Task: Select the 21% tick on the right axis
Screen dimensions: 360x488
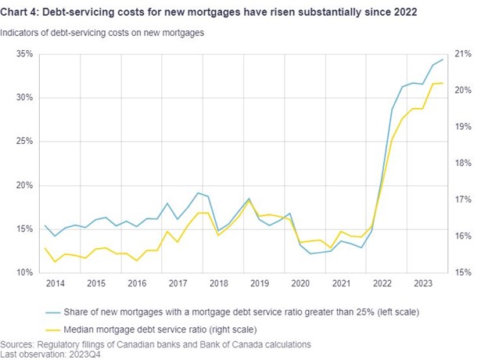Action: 462,54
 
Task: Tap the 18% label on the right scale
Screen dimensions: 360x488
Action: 462,163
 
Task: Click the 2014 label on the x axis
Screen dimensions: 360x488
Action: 56,283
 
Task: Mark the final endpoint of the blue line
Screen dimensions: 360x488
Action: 443,59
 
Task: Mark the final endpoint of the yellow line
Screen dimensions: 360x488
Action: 443,83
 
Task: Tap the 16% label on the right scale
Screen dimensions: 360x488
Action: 462,236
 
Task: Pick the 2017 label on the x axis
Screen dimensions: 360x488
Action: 178,283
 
